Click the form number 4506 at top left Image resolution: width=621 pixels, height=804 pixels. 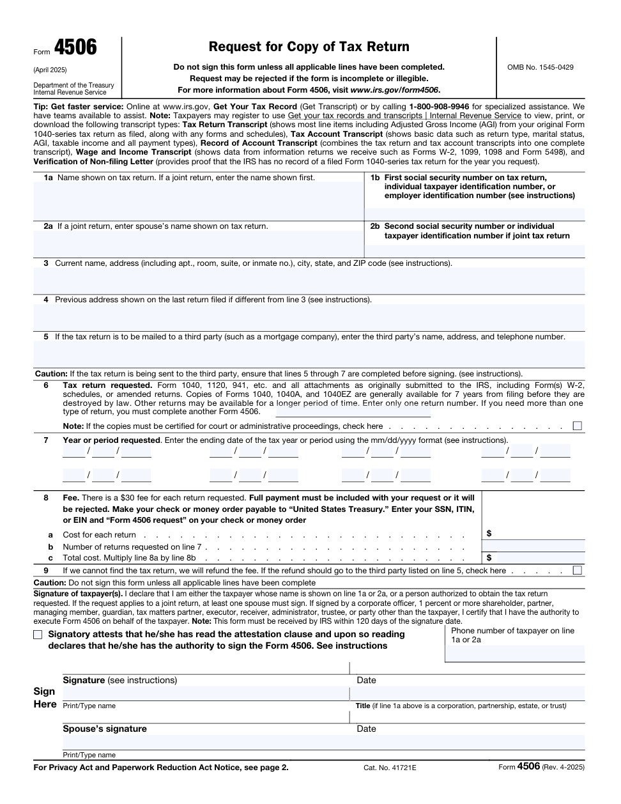[75, 48]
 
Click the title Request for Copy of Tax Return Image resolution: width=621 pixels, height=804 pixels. [309, 47]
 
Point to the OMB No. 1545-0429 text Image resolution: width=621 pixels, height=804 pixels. [540, 67]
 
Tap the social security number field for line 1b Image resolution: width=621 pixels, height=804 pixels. [475, 213]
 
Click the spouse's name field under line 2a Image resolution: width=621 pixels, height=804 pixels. [198, 244]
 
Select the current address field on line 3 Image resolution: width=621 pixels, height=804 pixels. [309, 280]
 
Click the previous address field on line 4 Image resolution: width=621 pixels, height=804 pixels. [309, 317]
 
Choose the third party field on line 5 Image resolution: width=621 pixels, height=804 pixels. [309, 353]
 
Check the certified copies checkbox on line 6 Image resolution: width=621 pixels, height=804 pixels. [578, 426]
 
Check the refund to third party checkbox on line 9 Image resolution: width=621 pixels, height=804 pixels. [578, 570]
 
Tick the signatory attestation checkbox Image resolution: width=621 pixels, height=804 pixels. [38, 635]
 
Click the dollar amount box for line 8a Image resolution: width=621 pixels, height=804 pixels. [537, 534]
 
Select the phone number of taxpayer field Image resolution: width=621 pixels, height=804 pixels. [515, 653]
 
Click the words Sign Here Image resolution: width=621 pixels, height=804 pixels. [45, 698]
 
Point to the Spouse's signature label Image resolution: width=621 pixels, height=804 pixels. [105, 729]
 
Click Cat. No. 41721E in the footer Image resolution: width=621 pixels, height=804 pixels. [390, 767]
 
